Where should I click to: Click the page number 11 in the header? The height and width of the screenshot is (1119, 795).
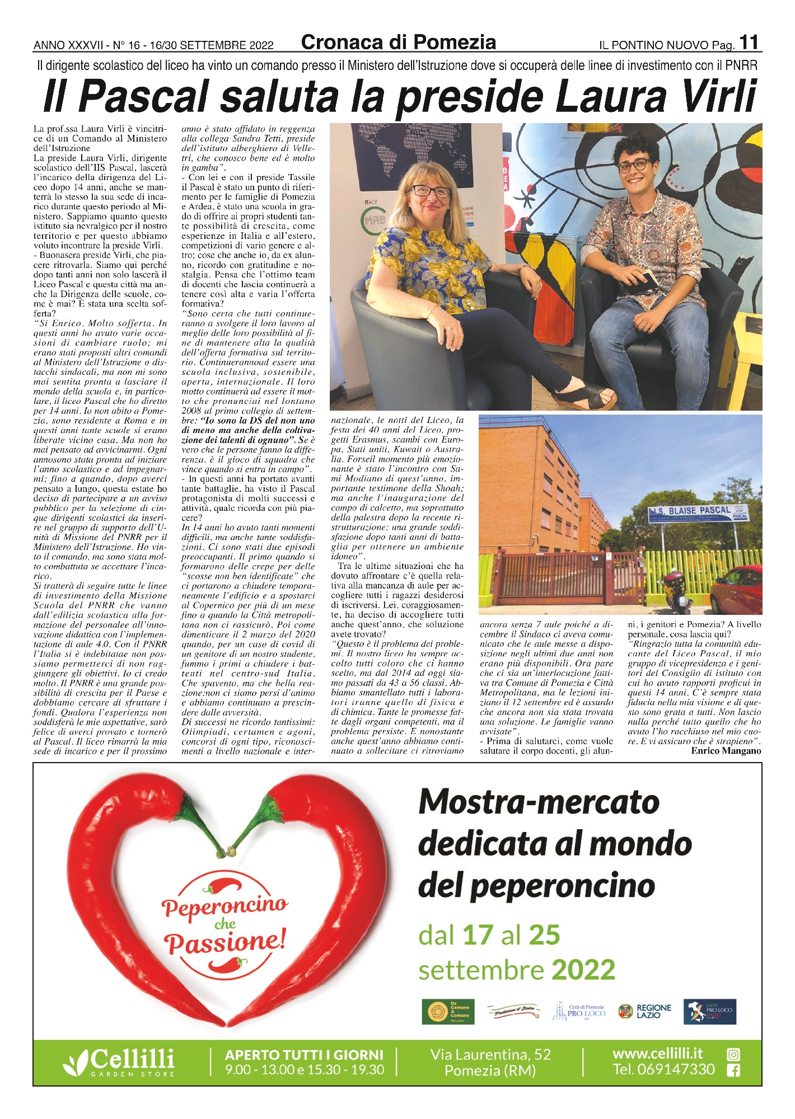coord(750,43)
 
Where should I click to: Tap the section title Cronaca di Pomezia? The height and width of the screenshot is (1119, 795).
coord(398,42)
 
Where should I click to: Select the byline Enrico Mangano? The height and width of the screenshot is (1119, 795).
coord(726,751)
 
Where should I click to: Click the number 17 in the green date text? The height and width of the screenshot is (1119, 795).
coord(478,935)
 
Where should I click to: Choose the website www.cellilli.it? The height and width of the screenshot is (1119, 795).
coord(657,1054)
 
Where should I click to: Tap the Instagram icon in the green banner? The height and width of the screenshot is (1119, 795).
coord(733,1055)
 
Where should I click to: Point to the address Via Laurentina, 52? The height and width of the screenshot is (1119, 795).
coord(490,1055)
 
